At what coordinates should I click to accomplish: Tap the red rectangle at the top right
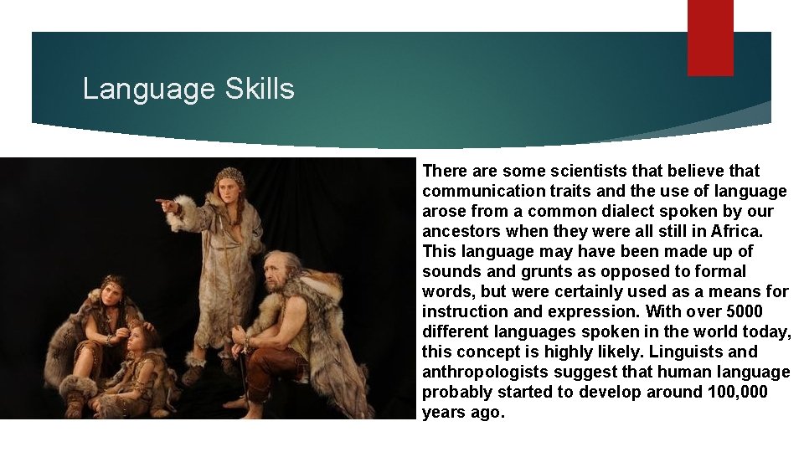click(710, 38)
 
